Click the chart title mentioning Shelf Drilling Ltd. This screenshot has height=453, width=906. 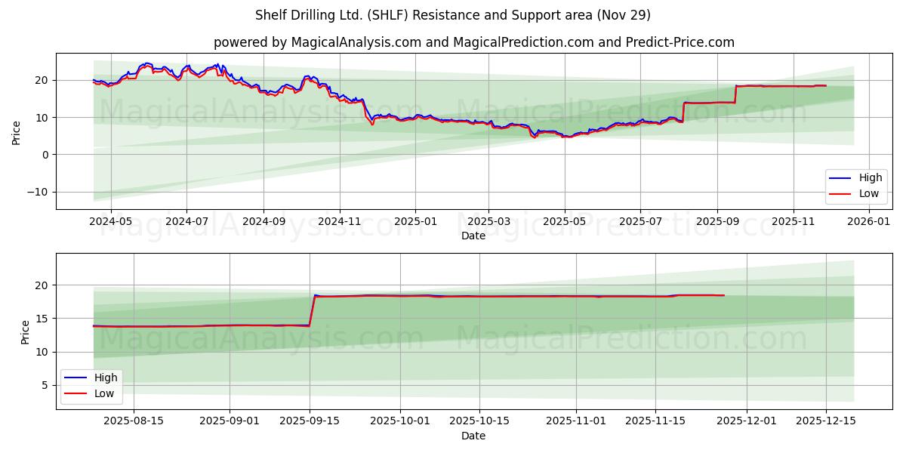(453, 15)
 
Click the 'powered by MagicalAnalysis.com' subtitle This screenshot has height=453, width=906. (473, 42)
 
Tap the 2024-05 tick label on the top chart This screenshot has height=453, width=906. (111, 222)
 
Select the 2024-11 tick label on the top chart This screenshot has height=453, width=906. (339, 222)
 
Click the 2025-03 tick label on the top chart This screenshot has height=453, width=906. (488, 222)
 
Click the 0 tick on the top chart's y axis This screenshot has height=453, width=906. (45, 155)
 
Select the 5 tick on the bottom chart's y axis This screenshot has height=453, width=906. (45, 385)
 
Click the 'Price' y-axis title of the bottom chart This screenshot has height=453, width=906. (26, 331)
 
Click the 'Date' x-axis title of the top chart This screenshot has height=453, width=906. (473, 236)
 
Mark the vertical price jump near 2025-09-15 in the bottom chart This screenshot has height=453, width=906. (312, 311)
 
